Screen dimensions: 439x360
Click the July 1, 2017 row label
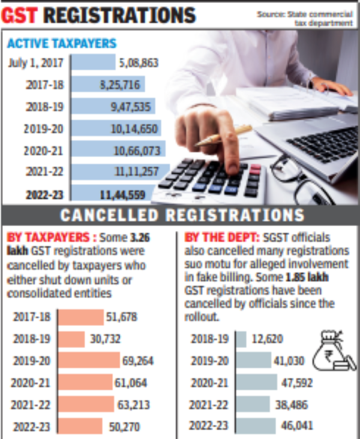37,62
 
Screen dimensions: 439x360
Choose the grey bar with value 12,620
241,339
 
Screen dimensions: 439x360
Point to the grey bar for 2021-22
253,404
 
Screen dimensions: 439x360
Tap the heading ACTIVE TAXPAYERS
61,43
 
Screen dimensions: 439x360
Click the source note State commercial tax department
304,19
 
